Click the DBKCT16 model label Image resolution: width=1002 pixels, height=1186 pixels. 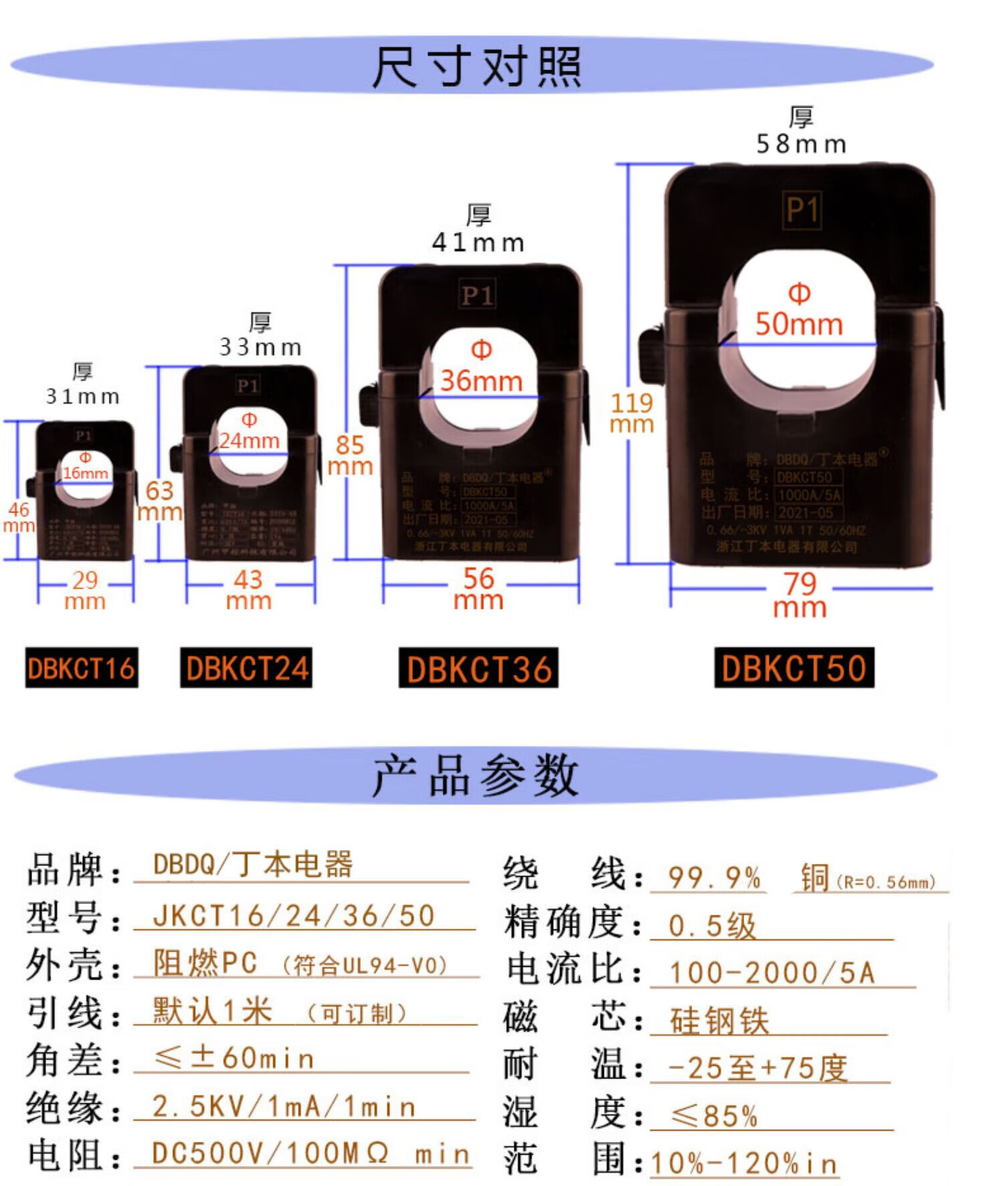coord(81,668)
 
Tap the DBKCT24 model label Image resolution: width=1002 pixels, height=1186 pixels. coord(246,668)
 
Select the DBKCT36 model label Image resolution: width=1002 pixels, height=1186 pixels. coord(478,668)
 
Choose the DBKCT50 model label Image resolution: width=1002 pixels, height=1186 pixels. coord(794,668)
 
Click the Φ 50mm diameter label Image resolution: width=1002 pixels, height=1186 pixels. coord(799,311)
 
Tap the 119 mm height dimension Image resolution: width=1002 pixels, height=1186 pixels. coord(632,414)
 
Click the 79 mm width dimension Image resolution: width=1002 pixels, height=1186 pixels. coord(800,595)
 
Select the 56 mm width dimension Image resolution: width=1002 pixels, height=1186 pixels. coord(478,589)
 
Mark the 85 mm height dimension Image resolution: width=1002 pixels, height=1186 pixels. coord(350,455)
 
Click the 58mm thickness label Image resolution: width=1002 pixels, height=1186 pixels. coord(801,143)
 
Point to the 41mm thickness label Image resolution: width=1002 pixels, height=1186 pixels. coord(478,241)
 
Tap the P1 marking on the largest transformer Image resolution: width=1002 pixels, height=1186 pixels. coord(802,210)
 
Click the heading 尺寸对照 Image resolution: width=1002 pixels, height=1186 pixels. coord(476,67)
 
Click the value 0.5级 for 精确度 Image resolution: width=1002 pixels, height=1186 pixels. coord(712,926)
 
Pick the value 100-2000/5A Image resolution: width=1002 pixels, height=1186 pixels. coord(772,973)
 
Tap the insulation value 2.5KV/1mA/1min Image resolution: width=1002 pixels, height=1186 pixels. coord(284,1106)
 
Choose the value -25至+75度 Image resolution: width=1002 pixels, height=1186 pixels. coord(758,1068)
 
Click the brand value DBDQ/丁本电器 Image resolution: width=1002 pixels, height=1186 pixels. coord(253,865)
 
